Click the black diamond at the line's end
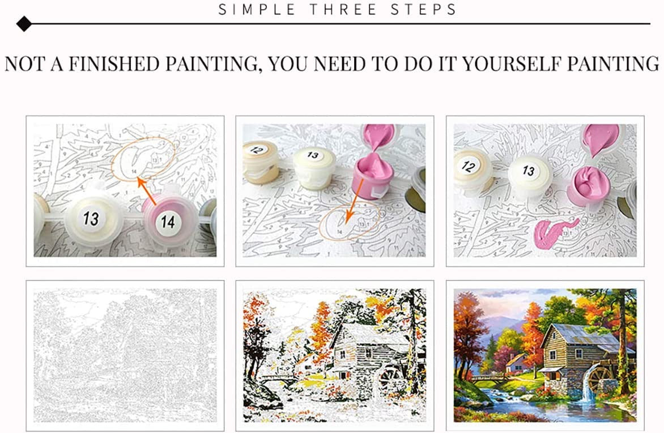point(24,24)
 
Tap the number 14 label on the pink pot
point(165,218)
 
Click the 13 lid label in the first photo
point(91,218)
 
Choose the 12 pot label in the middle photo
point(257,150)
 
